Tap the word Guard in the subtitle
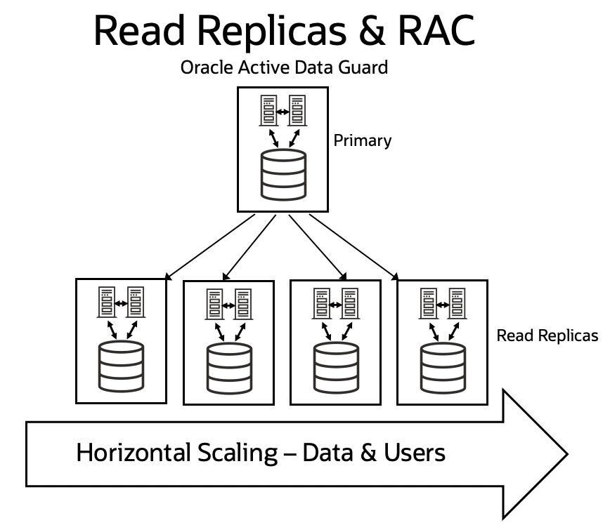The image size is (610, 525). point(365,69)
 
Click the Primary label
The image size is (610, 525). point(362,140)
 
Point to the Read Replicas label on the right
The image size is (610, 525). point(547,335)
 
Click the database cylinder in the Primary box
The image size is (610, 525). point(283,173)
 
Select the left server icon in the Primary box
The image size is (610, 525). point(268,111)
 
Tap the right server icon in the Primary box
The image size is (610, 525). point(297,111)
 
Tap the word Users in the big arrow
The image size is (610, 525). point(414,453)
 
